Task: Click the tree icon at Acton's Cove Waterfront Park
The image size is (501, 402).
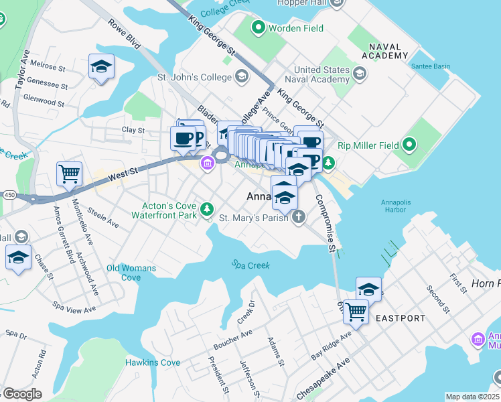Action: pos(208,210)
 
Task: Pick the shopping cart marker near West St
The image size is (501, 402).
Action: pos(70,174)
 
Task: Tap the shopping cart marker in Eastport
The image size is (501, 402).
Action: pos(356,311)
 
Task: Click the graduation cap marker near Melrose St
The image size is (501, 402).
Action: pos(101,66)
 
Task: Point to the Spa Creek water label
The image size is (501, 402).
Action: pos(250,265)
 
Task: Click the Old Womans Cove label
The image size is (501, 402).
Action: pos(131,273)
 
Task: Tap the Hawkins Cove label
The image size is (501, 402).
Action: pos(153,362)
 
